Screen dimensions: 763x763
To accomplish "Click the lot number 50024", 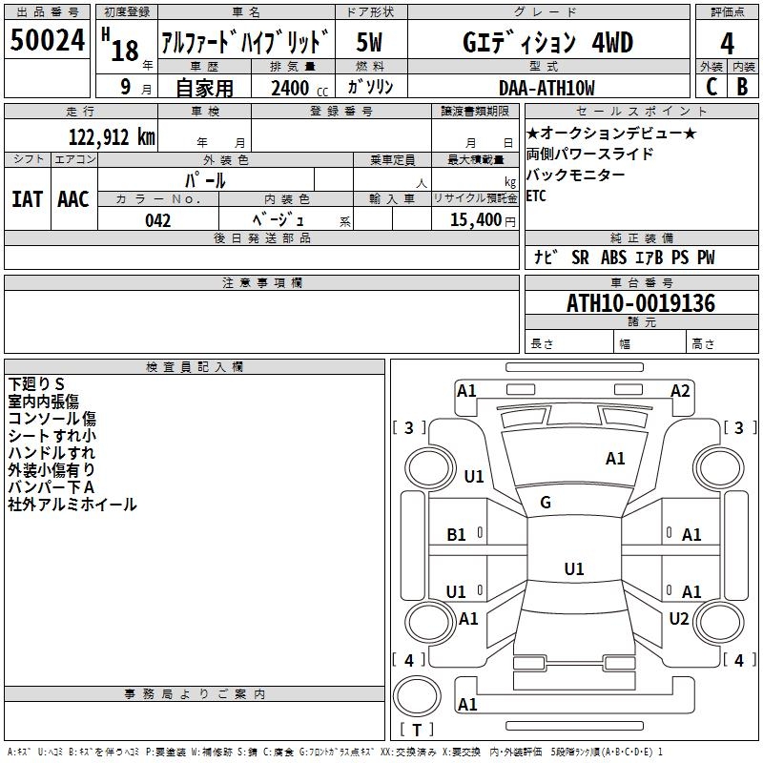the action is click(x=47, y=40).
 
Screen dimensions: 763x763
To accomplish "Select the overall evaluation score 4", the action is click(x=727, y=44).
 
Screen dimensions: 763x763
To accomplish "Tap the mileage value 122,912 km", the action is click(x=112, y=137).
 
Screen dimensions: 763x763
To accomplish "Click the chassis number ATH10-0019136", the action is click(x=641, y=303).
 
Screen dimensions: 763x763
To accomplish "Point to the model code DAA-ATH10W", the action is click(x=546, y=88).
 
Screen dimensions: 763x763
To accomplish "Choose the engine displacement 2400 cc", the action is click(x=299, y=89).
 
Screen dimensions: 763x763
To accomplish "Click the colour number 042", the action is click(x=157, y=220).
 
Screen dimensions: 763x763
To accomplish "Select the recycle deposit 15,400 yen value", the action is click(x=483, y=220).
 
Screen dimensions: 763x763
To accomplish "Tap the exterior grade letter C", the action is click(x=711, y=87).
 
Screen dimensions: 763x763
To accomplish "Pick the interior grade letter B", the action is click(x=742, y=87).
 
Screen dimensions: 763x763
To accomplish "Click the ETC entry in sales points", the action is click(x=536, y=196).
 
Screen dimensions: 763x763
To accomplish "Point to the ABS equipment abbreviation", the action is click(x=613, y=258).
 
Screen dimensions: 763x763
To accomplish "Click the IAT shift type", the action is click(x=27, y=199).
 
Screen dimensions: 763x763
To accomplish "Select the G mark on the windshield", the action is click(x=546, y=502).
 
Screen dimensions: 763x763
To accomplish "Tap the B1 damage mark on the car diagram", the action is click(x=456, y=535).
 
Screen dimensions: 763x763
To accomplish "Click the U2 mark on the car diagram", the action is click(x=679, y=618).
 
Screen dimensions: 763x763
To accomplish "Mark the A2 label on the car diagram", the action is click(x=680, y=391).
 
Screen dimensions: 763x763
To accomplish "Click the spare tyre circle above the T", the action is click(x=417, y=695).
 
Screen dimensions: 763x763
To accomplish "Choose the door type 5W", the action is click(x=369, y=42).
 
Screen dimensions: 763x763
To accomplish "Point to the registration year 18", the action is click(x=125, y=51).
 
